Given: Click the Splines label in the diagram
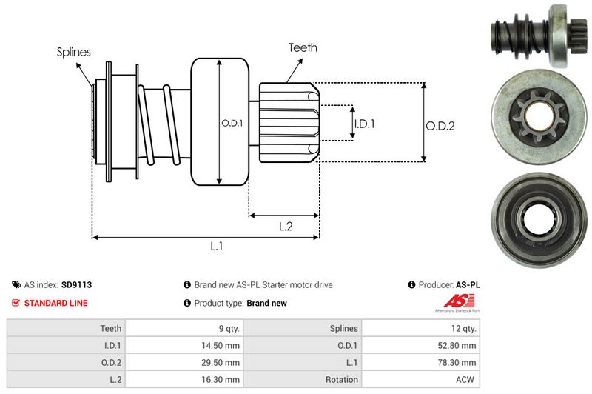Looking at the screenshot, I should click(74, 53).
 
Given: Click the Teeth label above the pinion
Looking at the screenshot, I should click(303, 47).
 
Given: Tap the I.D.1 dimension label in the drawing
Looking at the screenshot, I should click(364, 124).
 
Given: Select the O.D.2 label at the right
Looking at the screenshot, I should click(440, 127).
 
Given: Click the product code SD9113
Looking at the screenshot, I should click(77, 284).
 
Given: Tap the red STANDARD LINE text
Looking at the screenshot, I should click(55, 303).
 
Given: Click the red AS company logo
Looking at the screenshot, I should click(453, 301).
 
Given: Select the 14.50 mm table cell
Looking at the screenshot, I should click(223, 345).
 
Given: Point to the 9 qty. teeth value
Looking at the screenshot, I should click(226, 328).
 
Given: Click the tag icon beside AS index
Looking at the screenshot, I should click(16, 284).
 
